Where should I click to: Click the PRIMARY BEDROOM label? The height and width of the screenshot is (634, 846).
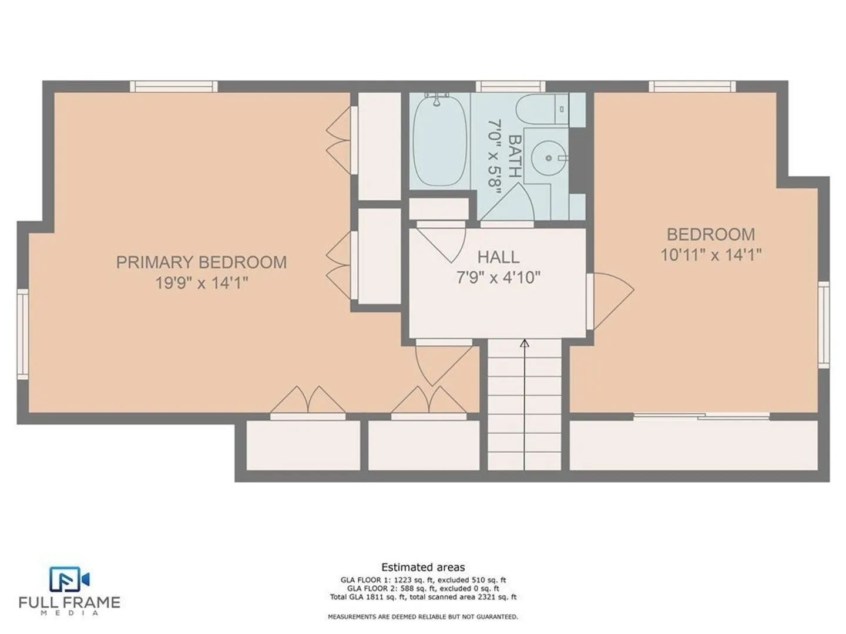[x=201, y=262]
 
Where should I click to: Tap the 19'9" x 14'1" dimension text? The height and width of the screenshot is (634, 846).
[x=201, y=284]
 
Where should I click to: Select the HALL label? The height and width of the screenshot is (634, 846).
[x=498, y=257]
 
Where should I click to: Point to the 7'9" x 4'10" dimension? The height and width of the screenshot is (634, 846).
[x=498, y=277]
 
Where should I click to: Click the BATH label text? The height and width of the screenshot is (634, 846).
[x=515, y=156]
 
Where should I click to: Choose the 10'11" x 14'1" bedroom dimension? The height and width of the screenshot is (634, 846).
[x=711, y=254]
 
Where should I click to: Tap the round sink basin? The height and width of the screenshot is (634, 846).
[x=549, y=158]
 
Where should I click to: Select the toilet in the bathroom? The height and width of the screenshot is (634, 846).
[x=542, y=109]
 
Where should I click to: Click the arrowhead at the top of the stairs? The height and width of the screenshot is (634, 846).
[x=524, y=343]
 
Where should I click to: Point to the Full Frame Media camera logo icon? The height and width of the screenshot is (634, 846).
[x=69, y=579]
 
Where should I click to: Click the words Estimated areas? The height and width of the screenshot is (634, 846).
[x=423, y=567]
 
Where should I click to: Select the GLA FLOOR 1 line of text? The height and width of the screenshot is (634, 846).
[x=423, y=580]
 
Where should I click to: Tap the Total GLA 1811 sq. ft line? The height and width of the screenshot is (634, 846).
[x=423, y=597]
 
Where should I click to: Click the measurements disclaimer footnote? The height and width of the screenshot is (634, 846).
[x=423, y=616]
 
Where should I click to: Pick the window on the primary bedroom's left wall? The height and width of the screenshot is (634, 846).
[x=23, y=334]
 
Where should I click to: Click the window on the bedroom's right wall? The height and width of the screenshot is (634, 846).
[x=824, y=325]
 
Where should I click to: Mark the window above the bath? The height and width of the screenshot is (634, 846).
[x=511, y=86]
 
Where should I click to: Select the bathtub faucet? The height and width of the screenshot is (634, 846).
[x=437, y=99]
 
